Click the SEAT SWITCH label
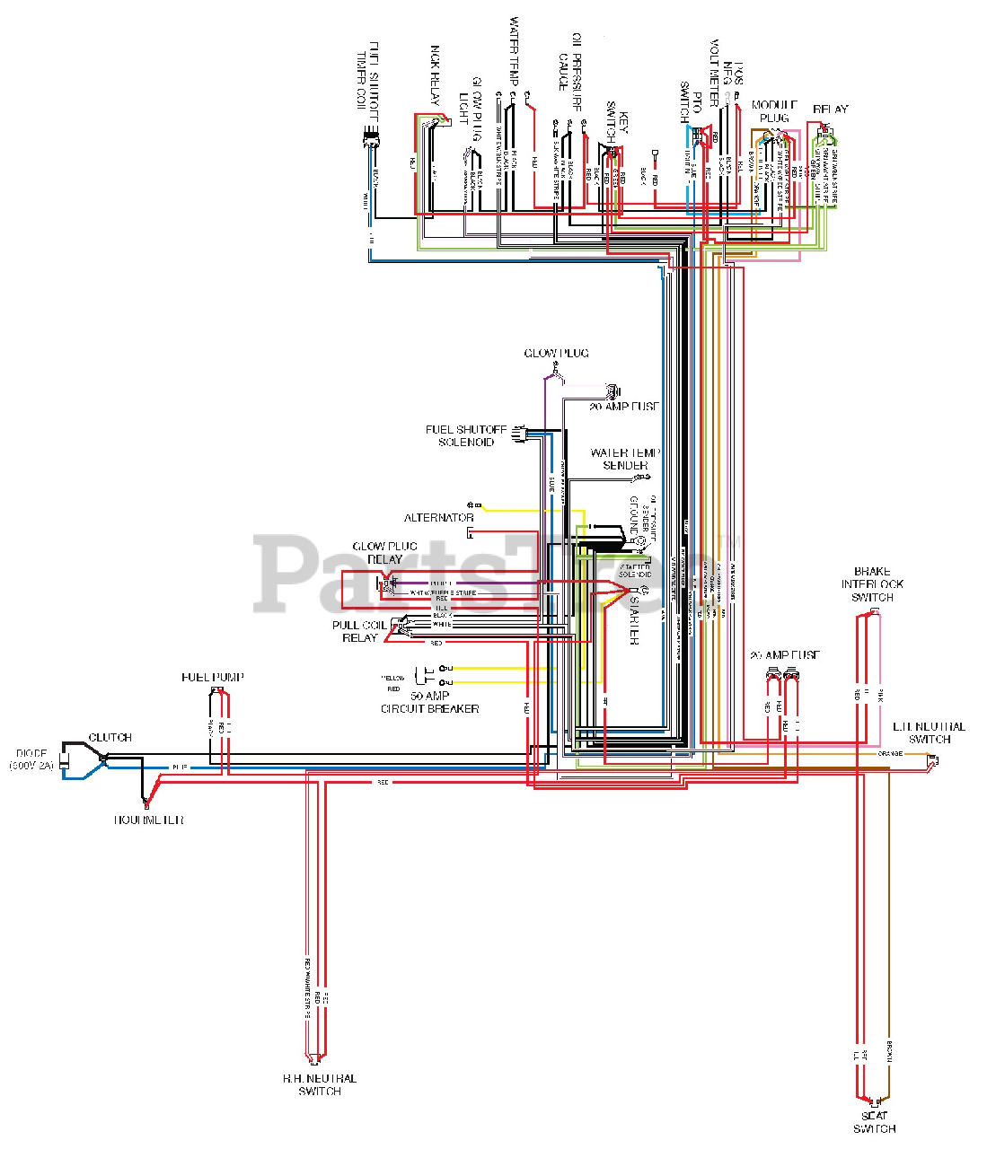click(874, 1122)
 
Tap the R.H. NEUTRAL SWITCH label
click(320, 1084)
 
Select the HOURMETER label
click(148, 820)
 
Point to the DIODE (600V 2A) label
click(31, 759)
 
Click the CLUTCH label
click(110, 737)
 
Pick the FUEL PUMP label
click(213, 677)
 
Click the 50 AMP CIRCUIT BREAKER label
click(430, 702)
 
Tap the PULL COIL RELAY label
click(359, 631)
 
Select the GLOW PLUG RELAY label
click(384, 552)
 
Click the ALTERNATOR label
click(438, 518)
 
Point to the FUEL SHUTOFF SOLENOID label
click(466, 435)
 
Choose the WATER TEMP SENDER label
click(625, 459)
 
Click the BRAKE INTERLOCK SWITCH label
click(872, 583)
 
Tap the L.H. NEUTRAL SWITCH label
click(929, 732)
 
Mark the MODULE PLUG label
click(774, 111)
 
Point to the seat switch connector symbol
click(874, 1101)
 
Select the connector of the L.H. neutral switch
click(934, 761)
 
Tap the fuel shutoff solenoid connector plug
click(517, 435)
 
